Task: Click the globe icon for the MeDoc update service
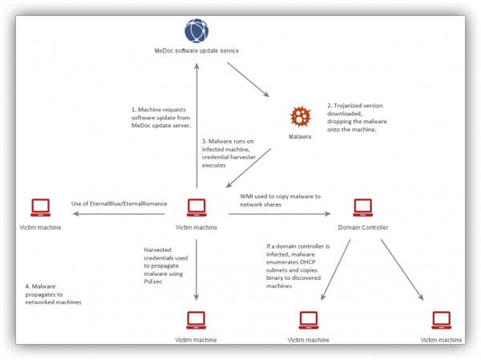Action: [196, 31]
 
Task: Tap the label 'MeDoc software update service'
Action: [196, 51]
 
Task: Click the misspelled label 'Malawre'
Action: [300, 137]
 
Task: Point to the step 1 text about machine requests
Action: [160, 117]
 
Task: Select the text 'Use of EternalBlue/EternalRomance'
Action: [119, 204]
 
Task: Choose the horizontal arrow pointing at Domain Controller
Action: [281, 214]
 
